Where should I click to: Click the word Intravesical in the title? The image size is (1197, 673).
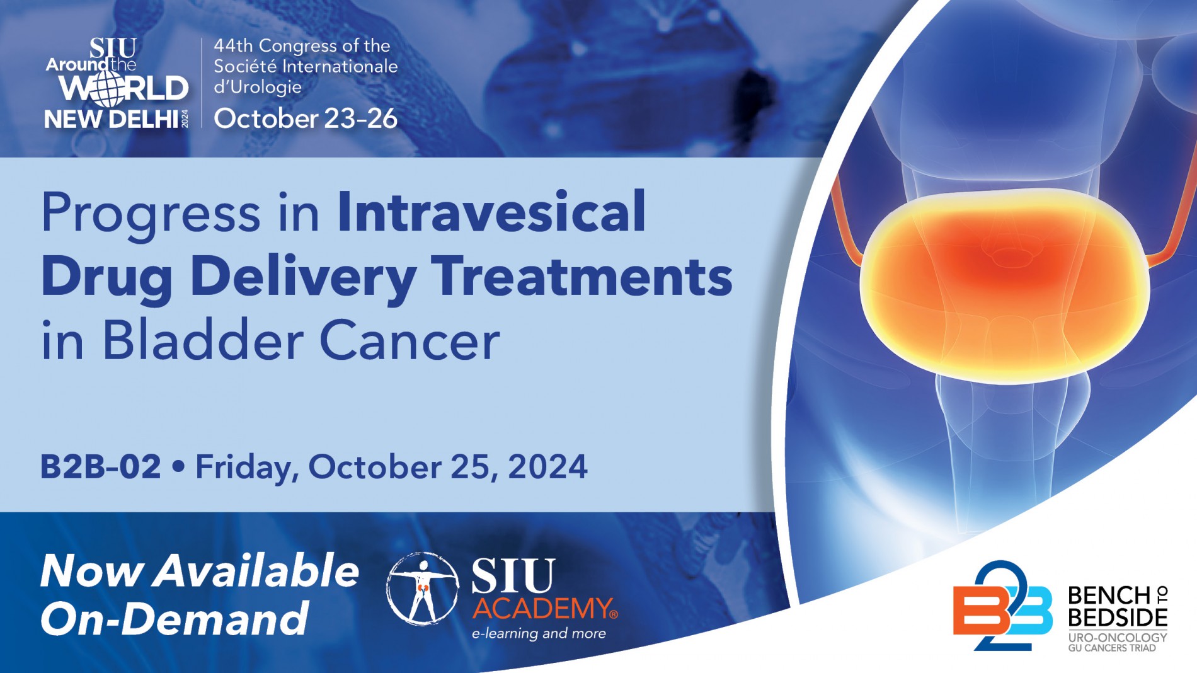pos(491,212)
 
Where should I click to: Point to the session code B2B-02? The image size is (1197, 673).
pos(101,467)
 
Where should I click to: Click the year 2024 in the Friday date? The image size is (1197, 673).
pos(547,467)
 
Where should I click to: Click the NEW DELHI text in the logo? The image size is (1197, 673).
pos(112,119)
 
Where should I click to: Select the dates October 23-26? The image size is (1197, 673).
pos(306,118)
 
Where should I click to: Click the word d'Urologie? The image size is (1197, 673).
pos(258,87)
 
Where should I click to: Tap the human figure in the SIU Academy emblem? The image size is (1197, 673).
pos(423,589)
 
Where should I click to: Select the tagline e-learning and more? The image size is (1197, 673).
pos(539,633)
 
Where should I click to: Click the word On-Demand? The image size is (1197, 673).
pos(175,619)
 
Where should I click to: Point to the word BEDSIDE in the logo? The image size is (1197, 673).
pos(1118,617)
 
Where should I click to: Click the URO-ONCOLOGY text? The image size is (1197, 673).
pos(1118,638)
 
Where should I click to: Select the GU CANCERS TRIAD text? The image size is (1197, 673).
pos(1112,648)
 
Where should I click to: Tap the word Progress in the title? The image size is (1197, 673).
pos(151,213)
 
